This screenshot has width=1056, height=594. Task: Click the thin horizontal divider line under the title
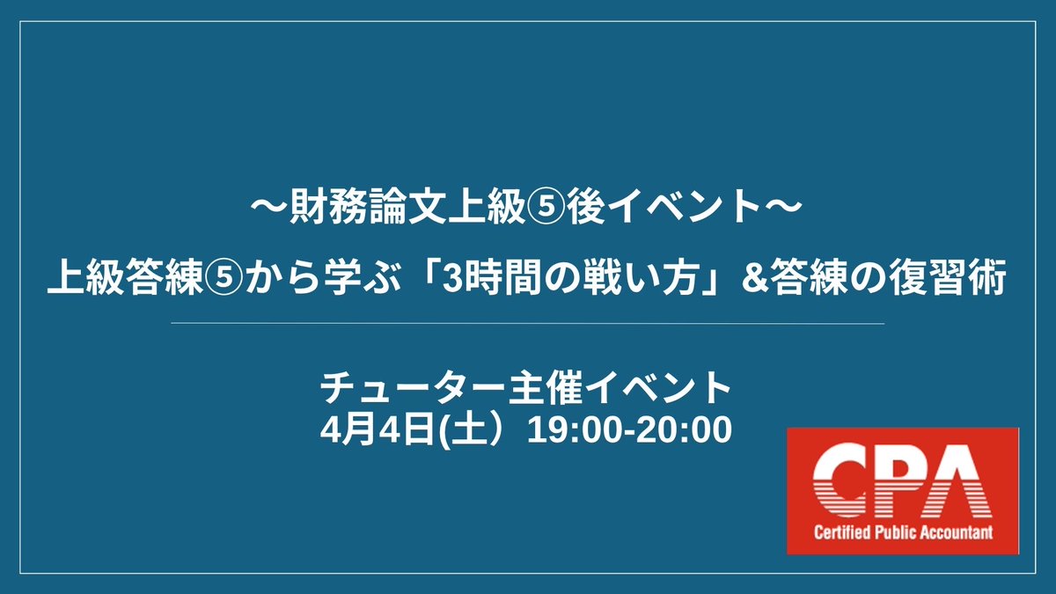528,324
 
